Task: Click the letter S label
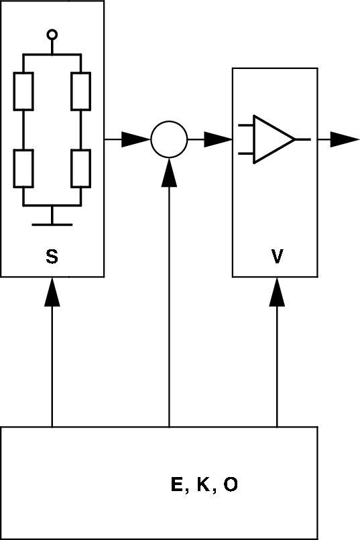point(52,256)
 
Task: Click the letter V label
point(276,256)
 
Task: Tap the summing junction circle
point(169,139)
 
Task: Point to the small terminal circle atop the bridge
point(52,34)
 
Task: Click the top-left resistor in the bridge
point(23,91)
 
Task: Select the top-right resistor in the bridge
point(80,91)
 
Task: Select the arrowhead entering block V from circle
point(219,139)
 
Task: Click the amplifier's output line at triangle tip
point(302,139)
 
